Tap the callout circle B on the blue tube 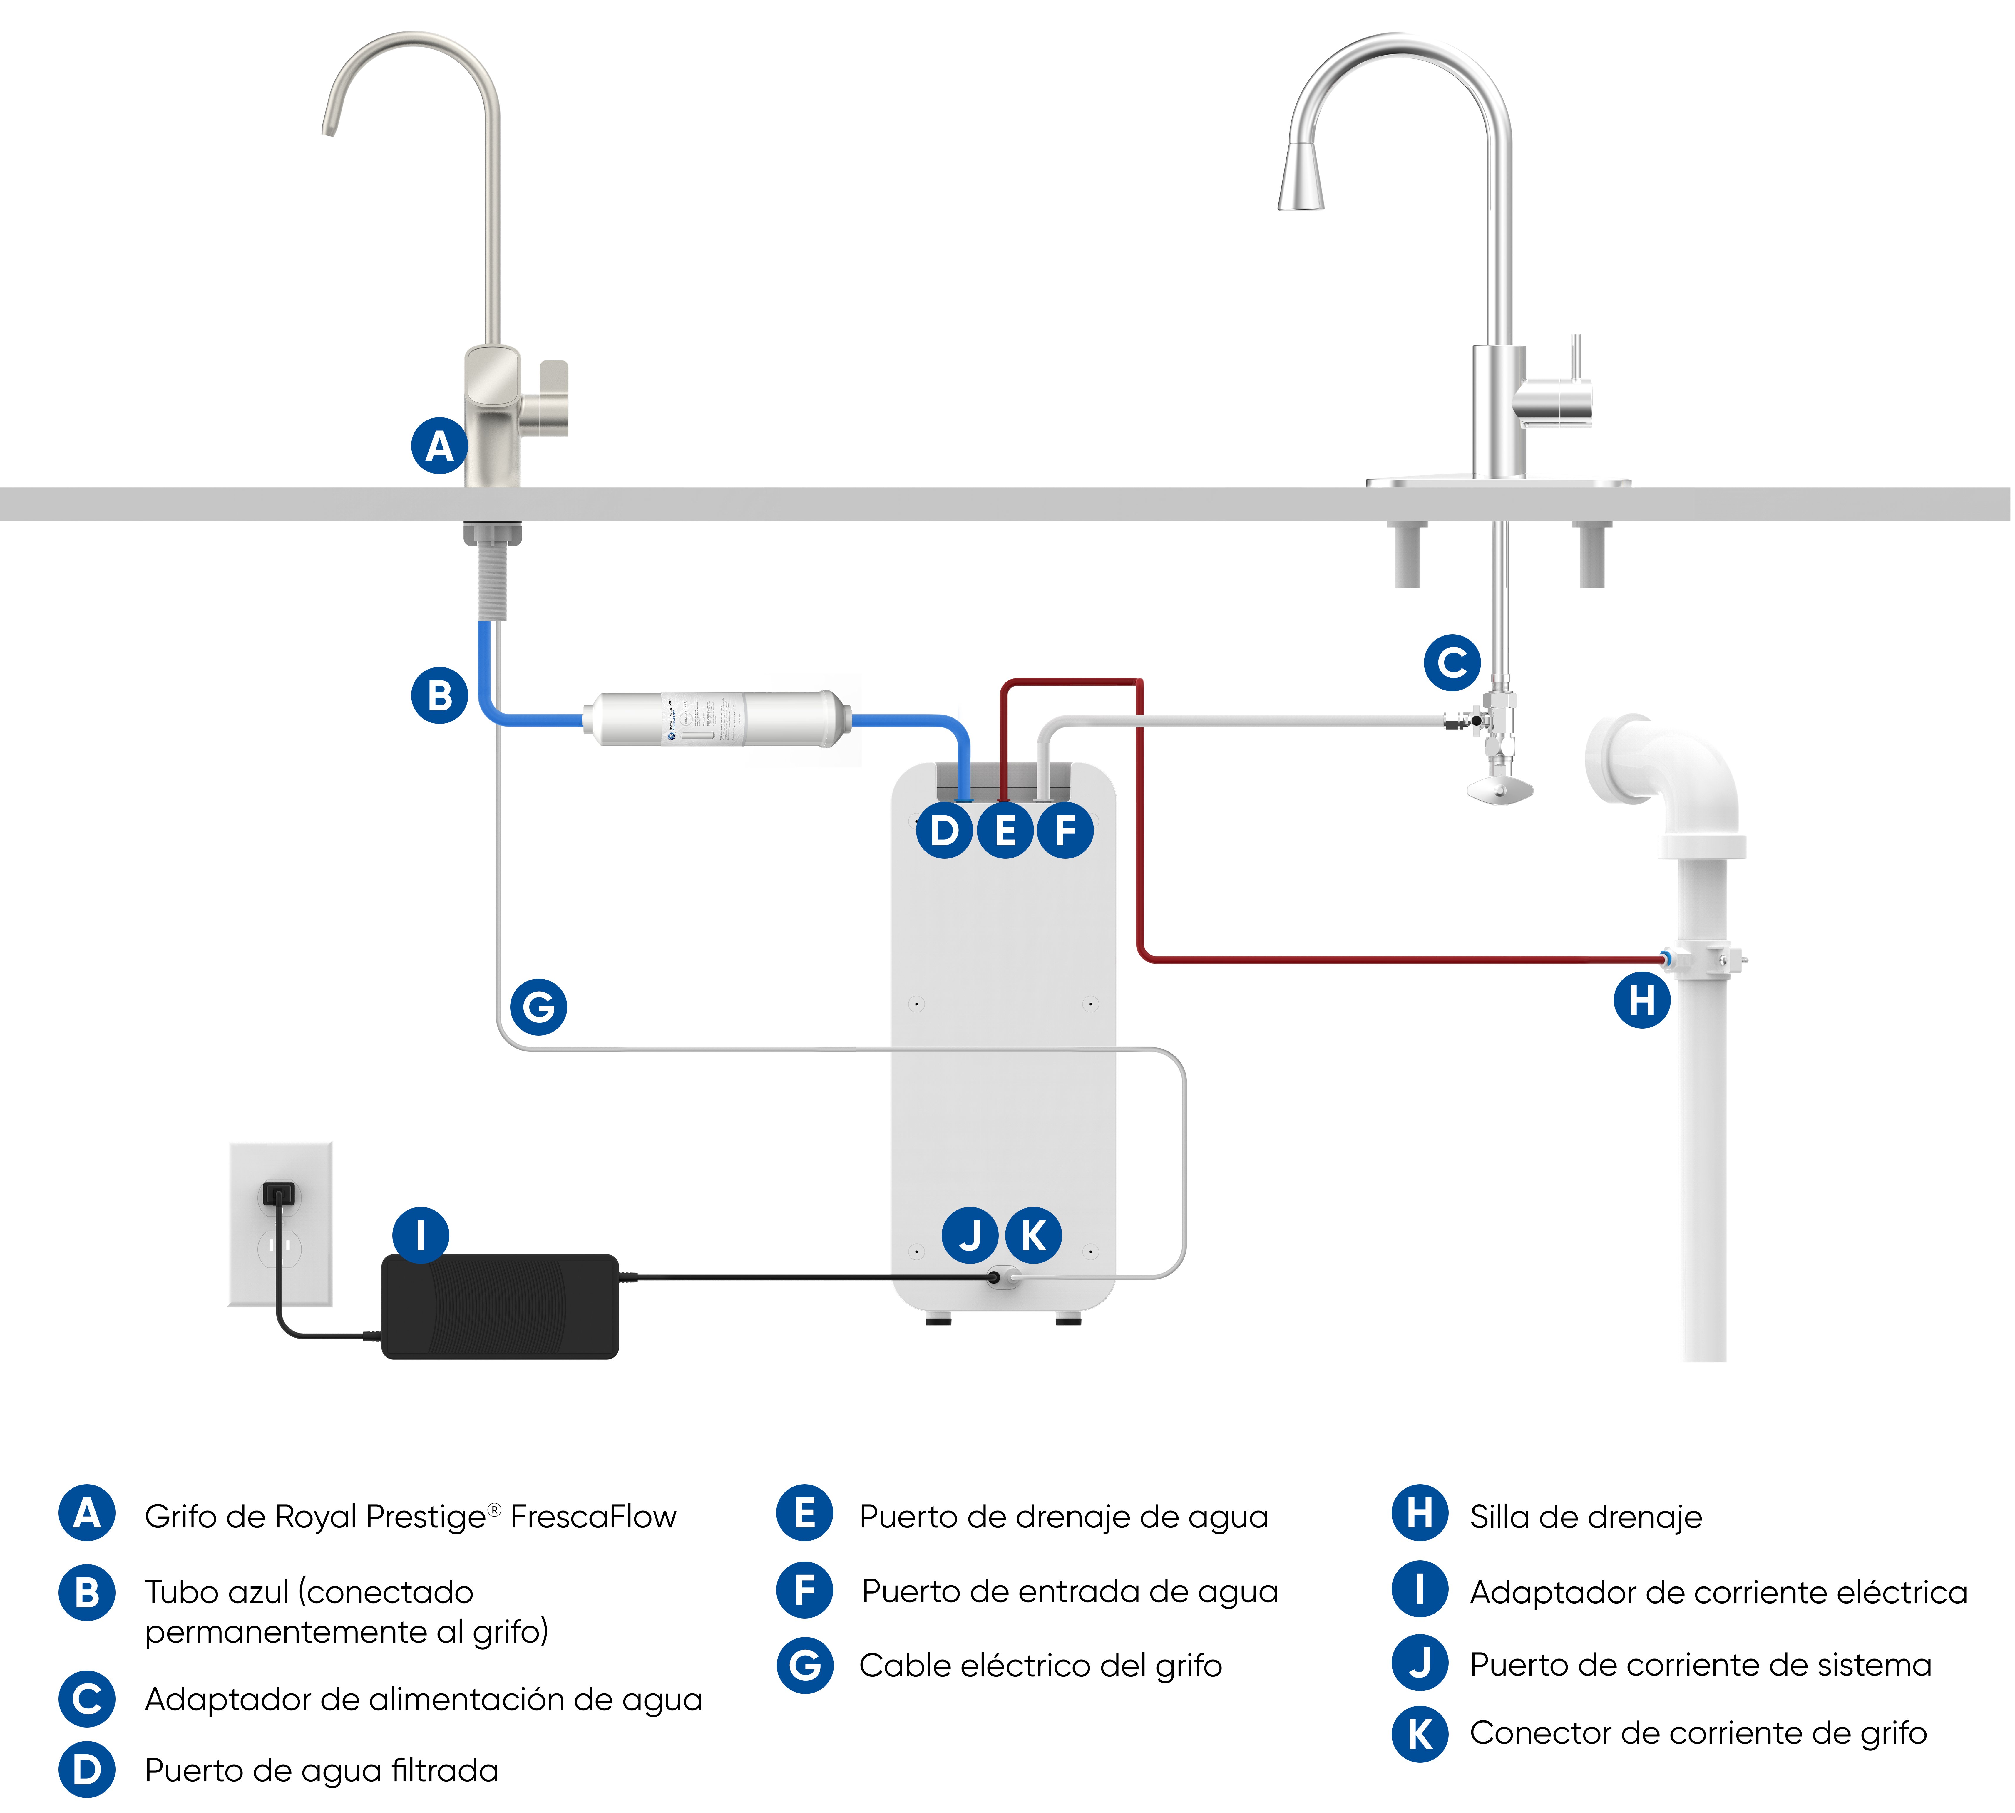(439, 695)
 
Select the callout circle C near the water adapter (1452, 663)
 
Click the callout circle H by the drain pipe (1641, 999)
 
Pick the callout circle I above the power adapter (421, 1235)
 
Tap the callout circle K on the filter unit (1033, 1235)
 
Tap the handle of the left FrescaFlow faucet (553, 398)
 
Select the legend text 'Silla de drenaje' (1586, 1516)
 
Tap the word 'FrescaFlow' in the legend (593, 1516)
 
